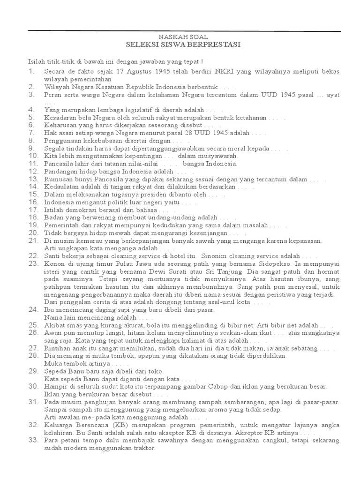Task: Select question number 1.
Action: coord(31,71)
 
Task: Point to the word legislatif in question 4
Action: coord(142,110)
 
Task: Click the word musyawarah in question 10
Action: coord(217,156)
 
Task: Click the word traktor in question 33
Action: coord(144,448)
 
